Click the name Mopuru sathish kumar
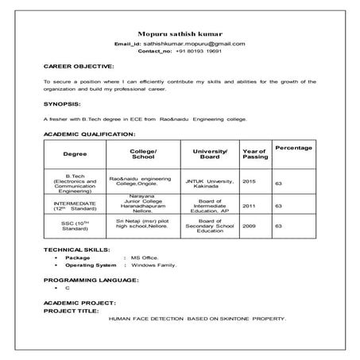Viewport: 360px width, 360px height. point(180,33)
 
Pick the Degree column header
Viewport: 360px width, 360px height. point(75,153)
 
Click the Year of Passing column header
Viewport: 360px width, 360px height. point(254,153)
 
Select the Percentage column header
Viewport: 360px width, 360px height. point(293,149)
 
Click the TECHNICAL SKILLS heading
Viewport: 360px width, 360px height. point(78,250)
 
